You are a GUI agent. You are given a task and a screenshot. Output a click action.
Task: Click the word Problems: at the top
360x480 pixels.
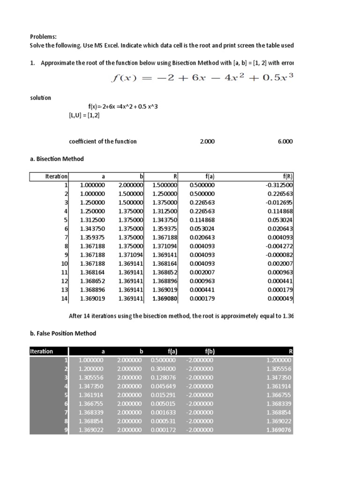(43, 37)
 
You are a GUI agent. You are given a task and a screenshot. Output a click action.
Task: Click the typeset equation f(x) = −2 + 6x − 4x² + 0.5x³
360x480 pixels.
(202, 78)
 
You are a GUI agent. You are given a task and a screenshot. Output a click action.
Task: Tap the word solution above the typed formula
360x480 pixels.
(41, 98)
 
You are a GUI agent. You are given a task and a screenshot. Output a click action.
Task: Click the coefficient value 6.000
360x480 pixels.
(285, 141)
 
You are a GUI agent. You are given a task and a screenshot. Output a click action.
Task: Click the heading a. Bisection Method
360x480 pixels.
(56, 159)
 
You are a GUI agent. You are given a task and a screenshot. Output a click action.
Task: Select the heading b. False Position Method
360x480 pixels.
(63, 333)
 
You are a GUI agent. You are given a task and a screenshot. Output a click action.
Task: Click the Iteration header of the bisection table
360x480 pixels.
(56, 177)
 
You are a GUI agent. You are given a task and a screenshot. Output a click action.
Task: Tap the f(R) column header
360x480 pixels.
(289, 177)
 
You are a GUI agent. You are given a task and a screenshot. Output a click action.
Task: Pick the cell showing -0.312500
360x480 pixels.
(279, 185)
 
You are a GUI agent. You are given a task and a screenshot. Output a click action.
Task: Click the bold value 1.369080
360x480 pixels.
(165, 298)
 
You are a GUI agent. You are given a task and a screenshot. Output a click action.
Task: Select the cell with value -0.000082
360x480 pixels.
(279, 255)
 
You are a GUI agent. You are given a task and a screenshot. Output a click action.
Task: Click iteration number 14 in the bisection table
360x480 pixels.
(65, 298)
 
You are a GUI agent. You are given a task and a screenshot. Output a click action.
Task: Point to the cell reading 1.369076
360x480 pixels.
(278, 430)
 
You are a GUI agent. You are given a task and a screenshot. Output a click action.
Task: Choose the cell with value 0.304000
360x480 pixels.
(163, 369)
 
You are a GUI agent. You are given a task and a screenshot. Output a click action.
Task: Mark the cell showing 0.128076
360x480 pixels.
(163, 378)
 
